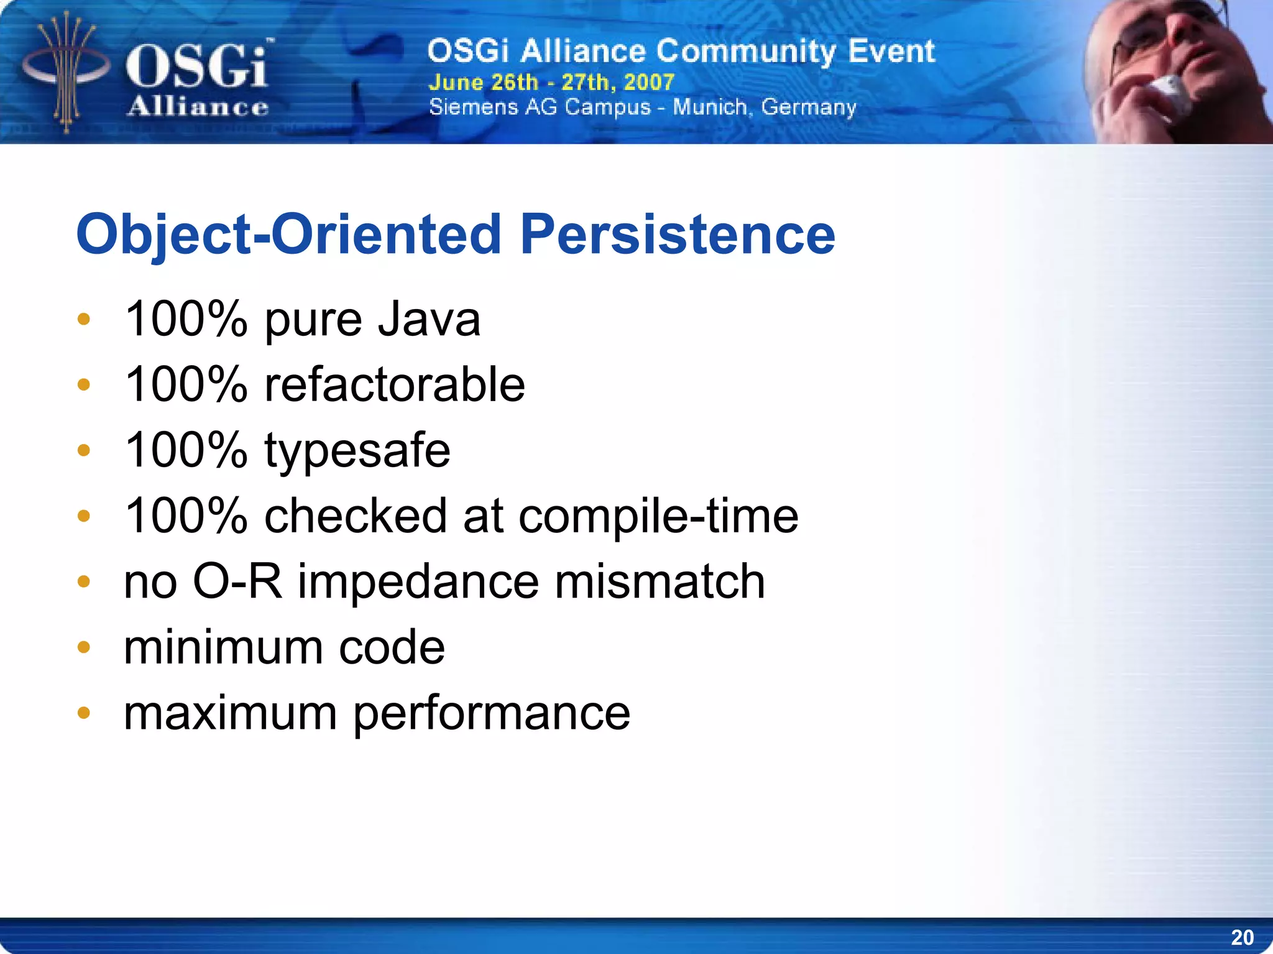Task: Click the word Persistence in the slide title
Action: [x=678, y=234]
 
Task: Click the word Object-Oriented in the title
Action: [x=288, y=234]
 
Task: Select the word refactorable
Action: [x=395, y=384]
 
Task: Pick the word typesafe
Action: [x=357, y=450]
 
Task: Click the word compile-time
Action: [x=658, y=516]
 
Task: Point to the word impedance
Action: [x=418, y=581]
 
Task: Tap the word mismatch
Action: [x=659, y=581]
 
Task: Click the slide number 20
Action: [x=1242, y=937]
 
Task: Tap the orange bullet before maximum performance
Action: [x=84, y=713]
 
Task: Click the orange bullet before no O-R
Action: [x=84, y=581]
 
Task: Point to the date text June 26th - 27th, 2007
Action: [x=551, y=82]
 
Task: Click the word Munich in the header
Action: [x=709, y=108]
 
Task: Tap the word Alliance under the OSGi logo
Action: [x=198, y=107]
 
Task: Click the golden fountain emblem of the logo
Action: [x=66, y=72]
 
